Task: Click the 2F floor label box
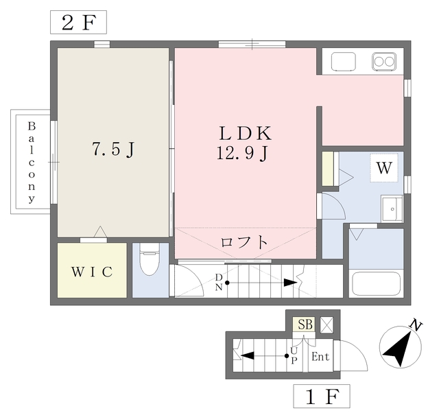(x=79, y=22)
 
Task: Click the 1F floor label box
(x=322, y=396)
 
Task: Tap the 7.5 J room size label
(x=112, y=149)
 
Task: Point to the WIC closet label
(x=92, y=271)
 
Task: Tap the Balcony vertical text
(x=32, y=163)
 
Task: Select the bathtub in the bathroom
(x=375, y=283)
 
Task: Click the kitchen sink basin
(x=344, y=62)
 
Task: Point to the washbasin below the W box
(x=392, y=207)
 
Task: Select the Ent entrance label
(x=320, y=357)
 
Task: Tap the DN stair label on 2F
(x=219, y=281)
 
